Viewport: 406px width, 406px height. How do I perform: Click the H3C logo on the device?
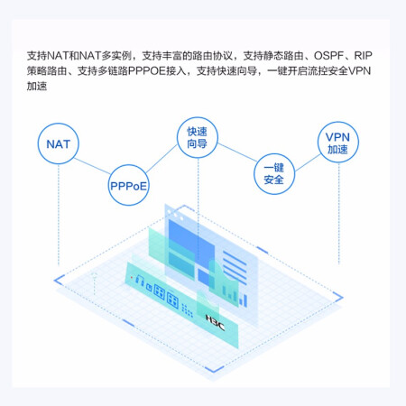(x=215, y=322)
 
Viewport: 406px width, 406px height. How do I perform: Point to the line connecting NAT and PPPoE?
(x=92, y=166)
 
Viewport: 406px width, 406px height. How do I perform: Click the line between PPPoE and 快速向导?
(x=161, y=159)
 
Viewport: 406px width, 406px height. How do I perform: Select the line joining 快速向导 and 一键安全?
(x=237, y=152)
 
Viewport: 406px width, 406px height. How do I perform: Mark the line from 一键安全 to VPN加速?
(x=308, y=162)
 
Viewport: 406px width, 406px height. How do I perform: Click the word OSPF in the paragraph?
(x=328, y=56)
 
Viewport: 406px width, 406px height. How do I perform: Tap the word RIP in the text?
(x=363, y=56)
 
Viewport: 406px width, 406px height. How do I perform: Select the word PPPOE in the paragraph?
(x=147, y=71)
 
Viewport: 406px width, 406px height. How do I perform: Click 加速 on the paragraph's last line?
(x=37, y=87)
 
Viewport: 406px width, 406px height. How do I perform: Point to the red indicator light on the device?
(x=132, y=277)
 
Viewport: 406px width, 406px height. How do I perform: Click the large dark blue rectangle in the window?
(x=191, y=237)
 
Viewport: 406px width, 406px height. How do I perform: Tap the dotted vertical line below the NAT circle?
(x=59, y=215)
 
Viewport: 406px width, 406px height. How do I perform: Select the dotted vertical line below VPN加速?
(x=339, y=214)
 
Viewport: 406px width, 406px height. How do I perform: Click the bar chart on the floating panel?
(x=235, y=296)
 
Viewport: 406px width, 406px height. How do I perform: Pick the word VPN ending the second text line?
(x=359, y=71)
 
